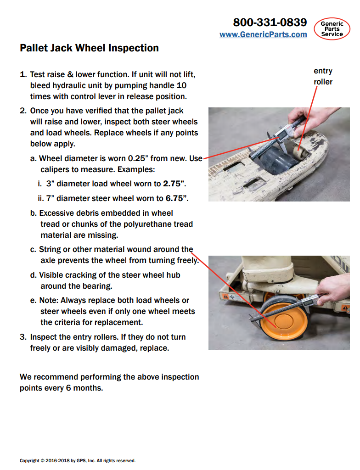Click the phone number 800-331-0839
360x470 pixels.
[270, 22]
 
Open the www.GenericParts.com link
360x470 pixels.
[263, 34]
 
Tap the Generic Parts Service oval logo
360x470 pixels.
[332, 28]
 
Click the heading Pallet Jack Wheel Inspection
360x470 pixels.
[89, 48]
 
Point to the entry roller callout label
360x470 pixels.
[323, 76]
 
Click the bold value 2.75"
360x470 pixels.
[174, 184]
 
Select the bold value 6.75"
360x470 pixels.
[177, 199]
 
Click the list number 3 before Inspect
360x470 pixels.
[22, 337]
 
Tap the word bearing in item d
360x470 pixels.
[98, 286]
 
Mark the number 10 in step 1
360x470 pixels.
[181, 85]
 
